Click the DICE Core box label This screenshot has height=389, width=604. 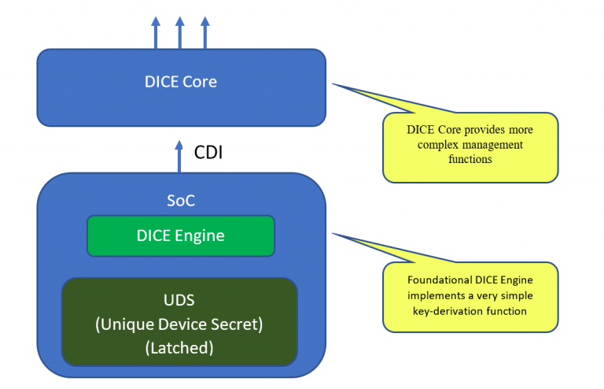tap(181, 82)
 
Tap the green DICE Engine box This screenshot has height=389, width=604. tap(180, 235)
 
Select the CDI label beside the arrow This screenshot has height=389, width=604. tap(208, 152)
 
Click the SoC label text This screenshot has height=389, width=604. tap(180, 201)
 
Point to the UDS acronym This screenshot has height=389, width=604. tap(179, 301)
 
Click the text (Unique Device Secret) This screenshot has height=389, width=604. tap(179, 323)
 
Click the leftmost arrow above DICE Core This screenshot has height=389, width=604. tap(155, 32)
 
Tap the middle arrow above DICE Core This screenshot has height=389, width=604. tap(180, 32)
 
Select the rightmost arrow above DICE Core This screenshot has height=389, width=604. tap(205, 32)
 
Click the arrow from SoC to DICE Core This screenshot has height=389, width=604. tap(180, 156)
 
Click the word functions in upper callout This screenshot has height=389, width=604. tap(470, 160)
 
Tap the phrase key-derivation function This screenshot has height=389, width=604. tap(470, 311)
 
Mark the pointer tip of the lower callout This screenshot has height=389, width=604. tap(333, 233)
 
